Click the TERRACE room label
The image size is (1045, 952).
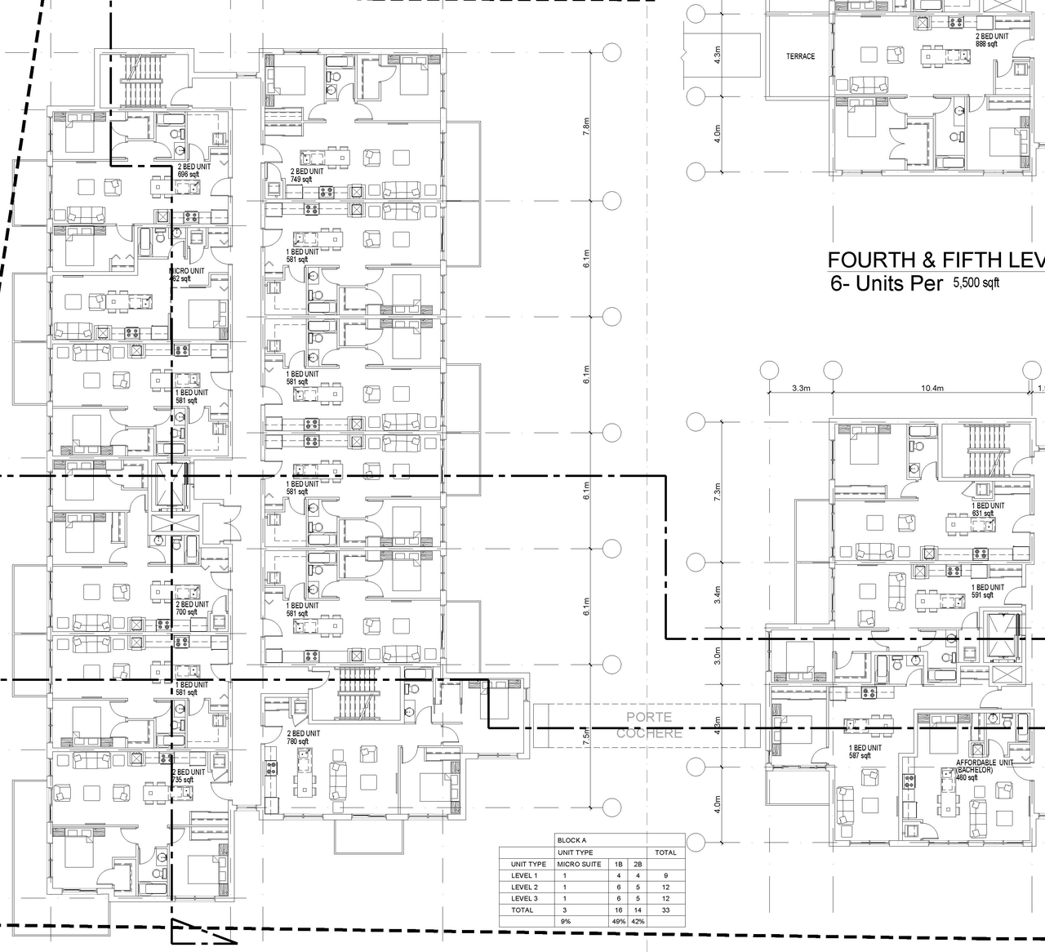(800, 56)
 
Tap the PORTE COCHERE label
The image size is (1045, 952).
(649, 725)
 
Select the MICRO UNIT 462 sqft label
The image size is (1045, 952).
(187, 274)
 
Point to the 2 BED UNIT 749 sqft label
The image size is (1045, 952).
(306, 176)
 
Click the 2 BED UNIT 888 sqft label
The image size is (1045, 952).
(991, 41)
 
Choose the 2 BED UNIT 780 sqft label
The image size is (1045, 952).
(304, 737)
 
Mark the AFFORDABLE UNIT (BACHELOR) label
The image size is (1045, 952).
(984, 769)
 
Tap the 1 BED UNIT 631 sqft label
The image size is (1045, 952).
(987, 509)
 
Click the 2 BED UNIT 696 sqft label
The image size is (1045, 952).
(193, 171)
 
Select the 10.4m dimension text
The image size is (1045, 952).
(932, 389)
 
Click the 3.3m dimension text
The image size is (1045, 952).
(800, 389)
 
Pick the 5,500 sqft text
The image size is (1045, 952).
(976, 283)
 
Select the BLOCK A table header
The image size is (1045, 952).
(571, 840)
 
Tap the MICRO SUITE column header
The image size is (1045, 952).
(579, 864)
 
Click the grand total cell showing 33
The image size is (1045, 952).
(665, 910)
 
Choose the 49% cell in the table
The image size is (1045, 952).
(618, 921)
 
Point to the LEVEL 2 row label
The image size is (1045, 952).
(524, 887)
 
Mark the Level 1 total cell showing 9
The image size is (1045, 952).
(665, 875)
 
